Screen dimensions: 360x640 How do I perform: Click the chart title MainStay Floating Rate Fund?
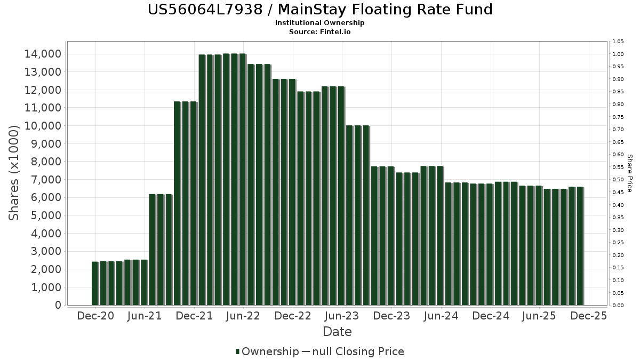tap(319, 10)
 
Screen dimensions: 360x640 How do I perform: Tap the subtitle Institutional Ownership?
tap(319, 23)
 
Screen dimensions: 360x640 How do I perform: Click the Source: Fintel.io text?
tap(319, 32)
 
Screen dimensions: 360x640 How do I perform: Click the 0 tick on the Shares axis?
tap(58, 306)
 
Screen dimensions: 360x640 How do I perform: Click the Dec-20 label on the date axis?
tap(95, 316)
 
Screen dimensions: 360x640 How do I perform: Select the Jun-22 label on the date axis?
tap(243, 316)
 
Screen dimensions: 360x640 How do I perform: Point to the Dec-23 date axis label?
tap(391, 316)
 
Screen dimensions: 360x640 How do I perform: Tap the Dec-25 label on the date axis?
tap(588, 316)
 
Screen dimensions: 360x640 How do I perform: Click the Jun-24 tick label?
tap(441, 316)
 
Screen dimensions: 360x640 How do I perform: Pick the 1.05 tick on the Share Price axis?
tap(618, 42)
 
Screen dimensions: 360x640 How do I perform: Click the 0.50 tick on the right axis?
tap(618, 180)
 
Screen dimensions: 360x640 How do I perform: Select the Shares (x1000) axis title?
tap(14, 172)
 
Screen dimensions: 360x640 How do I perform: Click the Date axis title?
tap(337, 332)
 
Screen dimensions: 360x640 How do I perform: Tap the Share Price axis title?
tap(630, 173)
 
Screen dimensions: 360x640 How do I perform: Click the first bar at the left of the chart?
tap(95, 283)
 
